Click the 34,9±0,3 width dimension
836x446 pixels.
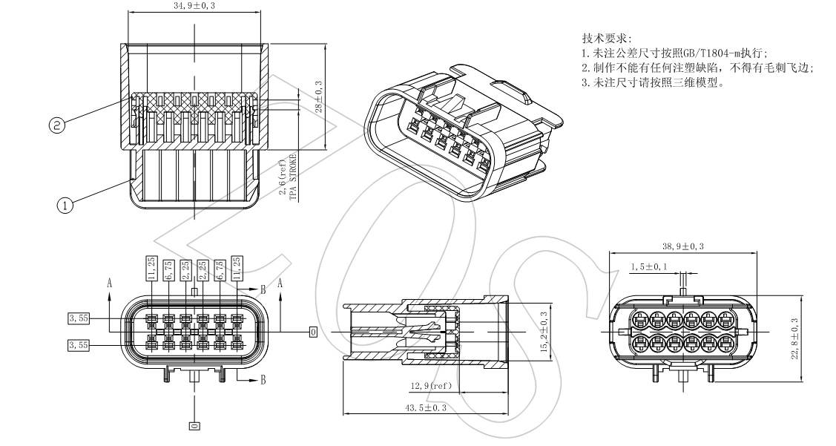point(194,6)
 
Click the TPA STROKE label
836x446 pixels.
point(292,179)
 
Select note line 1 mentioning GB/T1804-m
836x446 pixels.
point(675,53)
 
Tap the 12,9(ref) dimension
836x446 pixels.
point(432,387)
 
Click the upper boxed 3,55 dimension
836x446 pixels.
point(78,318)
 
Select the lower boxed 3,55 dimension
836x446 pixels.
point(78,345)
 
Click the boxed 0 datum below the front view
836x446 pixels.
point(194,426)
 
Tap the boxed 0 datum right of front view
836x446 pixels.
point(313,332)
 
